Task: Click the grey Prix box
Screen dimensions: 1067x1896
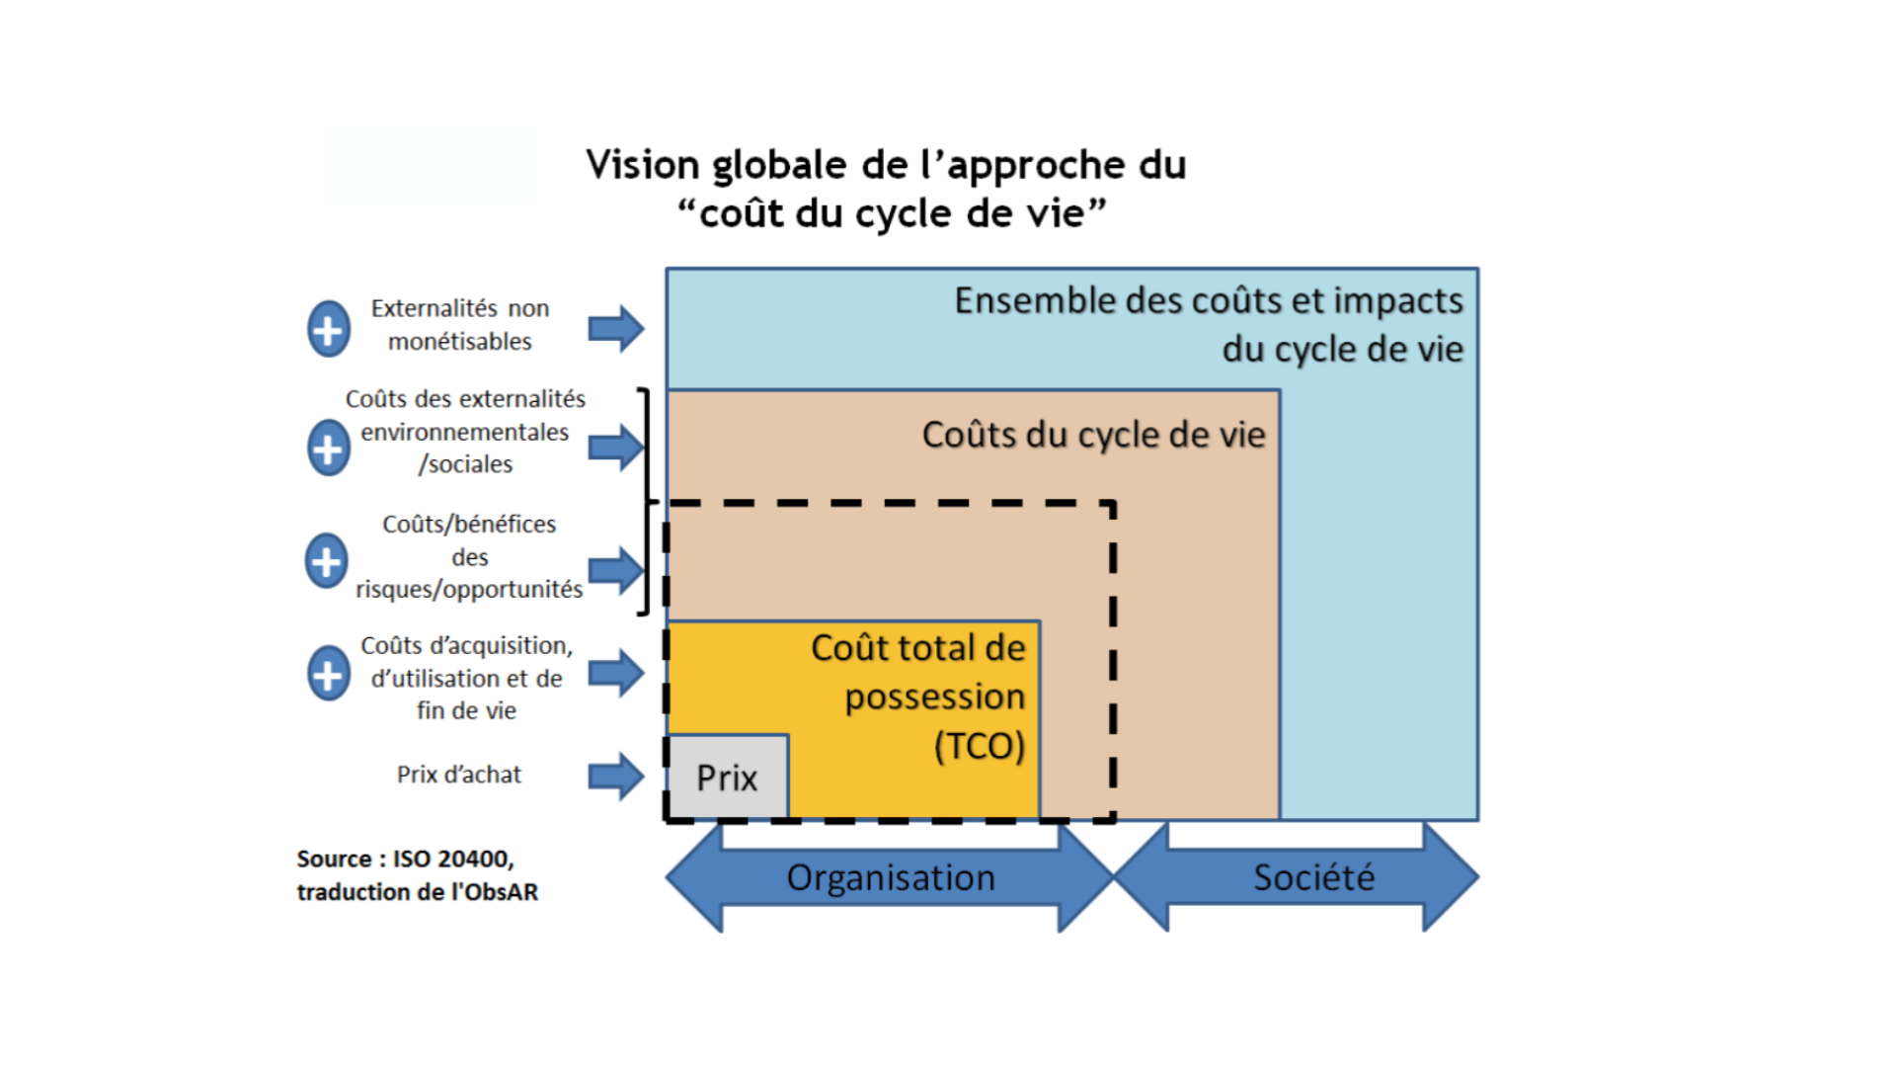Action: pos(728,778)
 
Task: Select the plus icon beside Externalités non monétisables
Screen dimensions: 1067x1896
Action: pos(329,329)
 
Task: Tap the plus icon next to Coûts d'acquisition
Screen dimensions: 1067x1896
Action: pos(329,675)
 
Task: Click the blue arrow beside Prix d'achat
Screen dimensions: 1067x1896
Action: pos(616,776)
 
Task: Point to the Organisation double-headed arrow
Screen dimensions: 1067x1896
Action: pos(890,877)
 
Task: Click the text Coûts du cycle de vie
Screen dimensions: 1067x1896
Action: pos(1093,435)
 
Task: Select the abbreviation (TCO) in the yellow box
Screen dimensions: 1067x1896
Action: pos(979,746)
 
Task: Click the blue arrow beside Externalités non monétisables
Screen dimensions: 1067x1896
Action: pos(616,329)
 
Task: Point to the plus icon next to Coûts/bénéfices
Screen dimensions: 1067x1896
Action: pos(327,561)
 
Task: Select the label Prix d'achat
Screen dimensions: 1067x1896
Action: pos(458,775)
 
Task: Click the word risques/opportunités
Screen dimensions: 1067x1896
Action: pos(469,590)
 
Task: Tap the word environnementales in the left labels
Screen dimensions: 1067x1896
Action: pos(464,432)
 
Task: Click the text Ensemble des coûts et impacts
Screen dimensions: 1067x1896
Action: pos(1208,300)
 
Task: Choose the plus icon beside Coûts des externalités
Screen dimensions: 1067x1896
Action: pos(329,448)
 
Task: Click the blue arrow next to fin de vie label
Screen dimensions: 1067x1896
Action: pos(616,674)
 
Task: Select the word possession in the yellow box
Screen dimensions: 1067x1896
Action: pos(934,697)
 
